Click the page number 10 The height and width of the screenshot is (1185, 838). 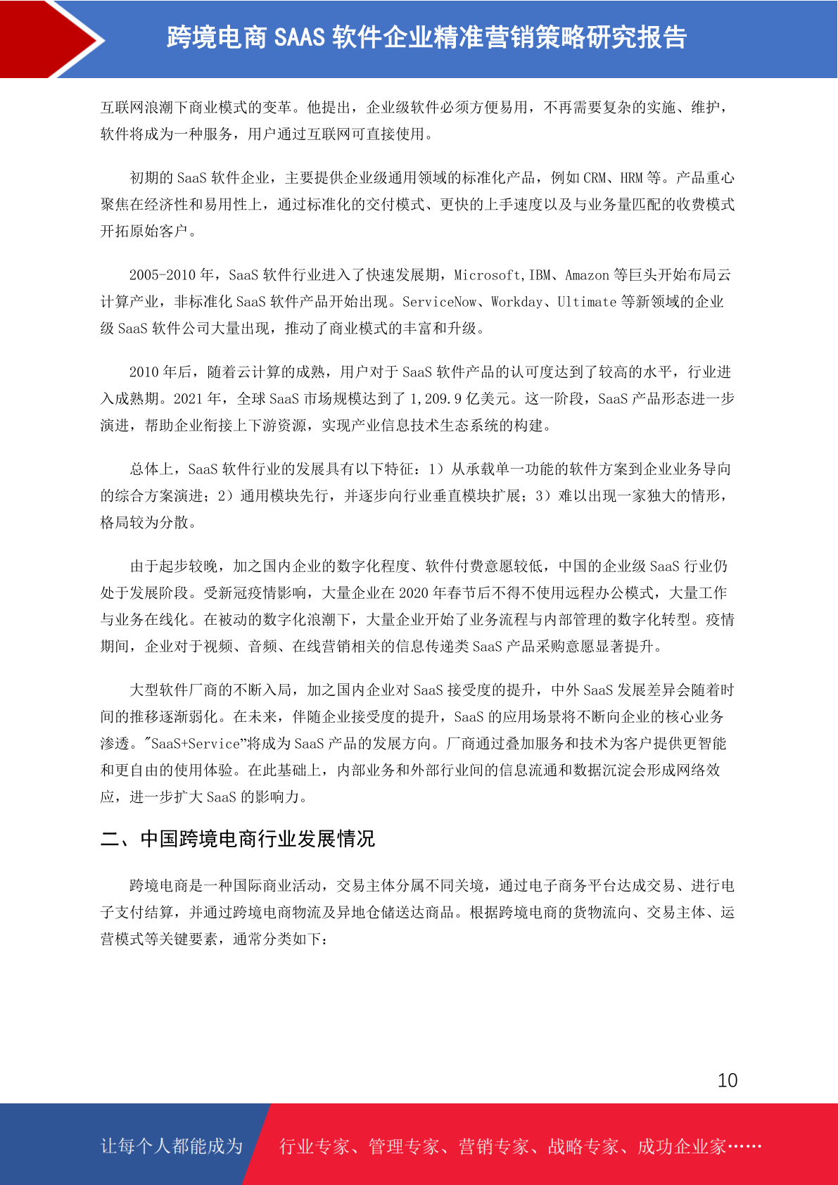coord(728,1081)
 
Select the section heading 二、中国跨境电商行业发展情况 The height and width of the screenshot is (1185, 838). coord(238,839)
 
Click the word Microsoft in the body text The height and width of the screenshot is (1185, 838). coord(488,275)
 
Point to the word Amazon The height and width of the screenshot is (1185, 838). coord(587,275)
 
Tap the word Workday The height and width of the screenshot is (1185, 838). coord(517,302)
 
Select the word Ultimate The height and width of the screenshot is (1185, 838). coord(587,302)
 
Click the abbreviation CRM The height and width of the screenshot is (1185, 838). coord(595,178)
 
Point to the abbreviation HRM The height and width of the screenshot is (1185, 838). coord(631,178)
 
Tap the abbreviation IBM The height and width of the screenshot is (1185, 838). coord(540,275)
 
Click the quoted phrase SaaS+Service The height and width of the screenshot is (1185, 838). coord(196,744)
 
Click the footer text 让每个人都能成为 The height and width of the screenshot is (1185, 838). coord(172,1146)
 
